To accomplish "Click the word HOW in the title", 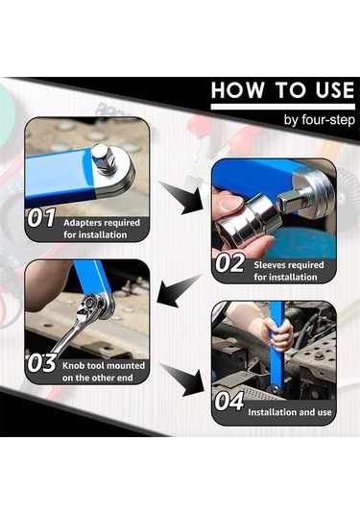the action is point(237,89).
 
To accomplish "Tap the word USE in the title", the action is point(335,90).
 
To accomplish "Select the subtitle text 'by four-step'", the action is point(320,120).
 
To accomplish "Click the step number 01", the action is point(41,218).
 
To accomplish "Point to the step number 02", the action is point(229,262).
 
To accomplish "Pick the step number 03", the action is point(41,363).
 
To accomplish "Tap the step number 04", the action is point(229,402).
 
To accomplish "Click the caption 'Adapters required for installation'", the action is point(102,229).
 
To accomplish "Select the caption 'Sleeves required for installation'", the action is point(289,271).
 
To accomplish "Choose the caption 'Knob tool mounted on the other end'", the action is point(104,372).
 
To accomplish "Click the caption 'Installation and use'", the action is point(290,412).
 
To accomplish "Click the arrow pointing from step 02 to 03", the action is point(179,291).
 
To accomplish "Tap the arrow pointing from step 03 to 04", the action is point(182,379).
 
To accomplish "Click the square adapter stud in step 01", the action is point(103,158).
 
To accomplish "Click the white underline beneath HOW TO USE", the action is point(283,107).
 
